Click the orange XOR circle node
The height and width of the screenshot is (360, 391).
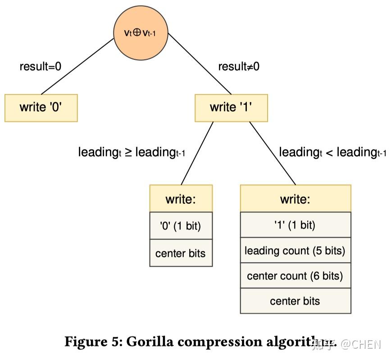point(140,32)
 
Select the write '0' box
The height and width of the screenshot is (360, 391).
point(41,108)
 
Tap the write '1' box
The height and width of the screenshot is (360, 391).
point(231,108)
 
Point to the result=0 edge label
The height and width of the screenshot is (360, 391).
point(41,67)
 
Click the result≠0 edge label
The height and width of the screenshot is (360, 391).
point(239,67)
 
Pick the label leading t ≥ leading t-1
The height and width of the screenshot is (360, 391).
point(132,152)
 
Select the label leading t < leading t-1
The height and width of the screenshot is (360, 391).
point(332,152)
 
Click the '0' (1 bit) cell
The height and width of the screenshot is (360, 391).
point(181,226)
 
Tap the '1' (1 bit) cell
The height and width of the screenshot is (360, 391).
point(295,225)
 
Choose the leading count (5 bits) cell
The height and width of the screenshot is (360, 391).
point(295,250)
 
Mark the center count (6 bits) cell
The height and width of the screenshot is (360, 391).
point(295,275)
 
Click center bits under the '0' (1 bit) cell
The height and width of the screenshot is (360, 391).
point(181,253)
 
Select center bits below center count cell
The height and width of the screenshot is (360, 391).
point(295,301)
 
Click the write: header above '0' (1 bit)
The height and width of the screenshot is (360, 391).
point(181,199)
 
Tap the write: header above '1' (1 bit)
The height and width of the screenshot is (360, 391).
point(295,198)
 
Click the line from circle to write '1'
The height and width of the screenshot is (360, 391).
point(200,64)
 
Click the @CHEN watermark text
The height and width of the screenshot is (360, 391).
point(361,345)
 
